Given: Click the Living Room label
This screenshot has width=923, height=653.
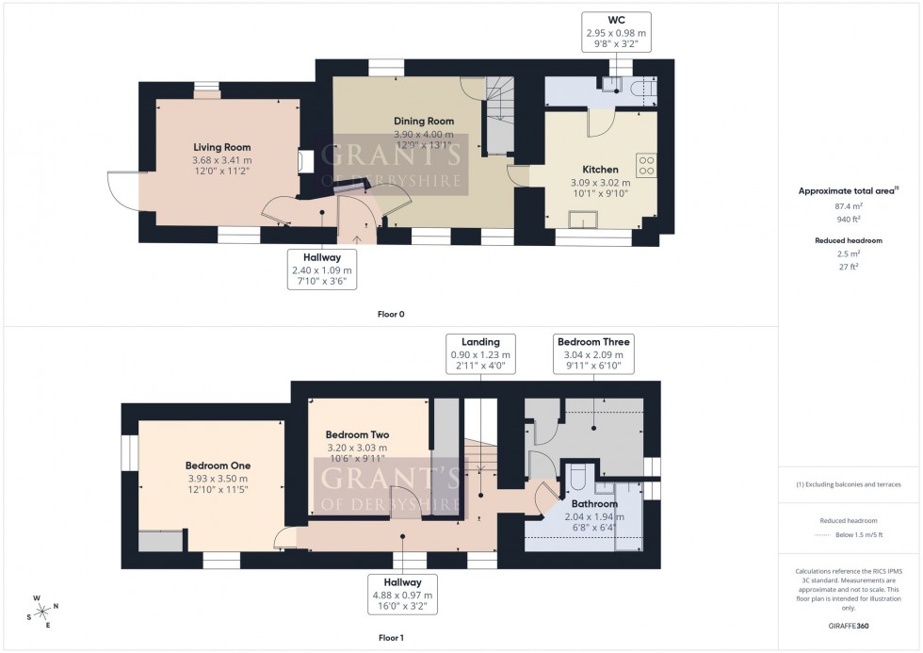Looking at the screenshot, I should click(222, 147).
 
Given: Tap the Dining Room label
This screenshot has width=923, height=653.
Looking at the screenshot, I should click(423, 121).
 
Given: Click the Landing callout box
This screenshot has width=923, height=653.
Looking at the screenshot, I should click(480, 354).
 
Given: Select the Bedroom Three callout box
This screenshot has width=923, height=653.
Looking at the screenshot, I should click(593, 354).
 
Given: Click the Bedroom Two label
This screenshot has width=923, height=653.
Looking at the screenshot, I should click(351, 434).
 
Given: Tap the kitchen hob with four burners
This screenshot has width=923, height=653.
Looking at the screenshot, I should click(647, 166).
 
